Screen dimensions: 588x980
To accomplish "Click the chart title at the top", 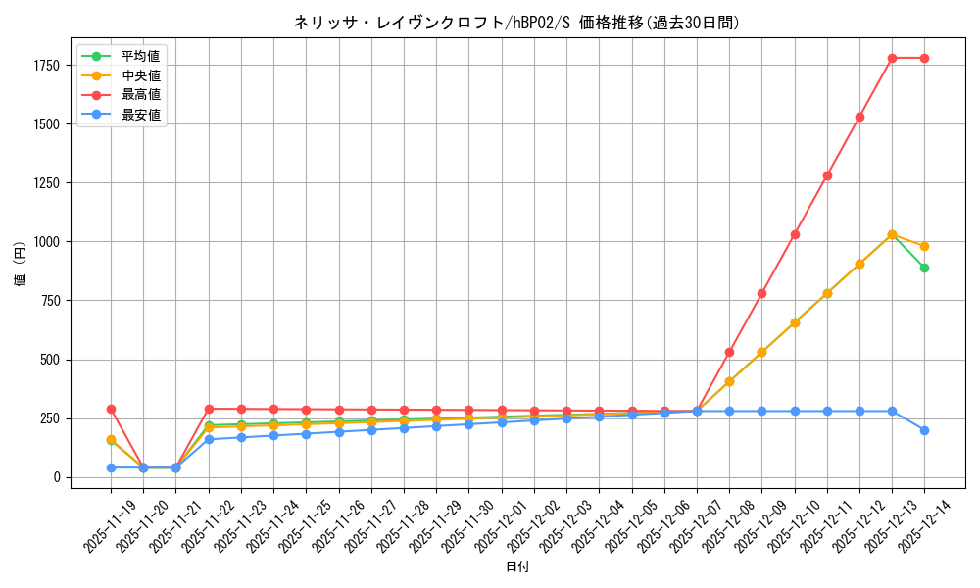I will [516, 23].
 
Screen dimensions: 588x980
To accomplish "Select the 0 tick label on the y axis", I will [57, 477].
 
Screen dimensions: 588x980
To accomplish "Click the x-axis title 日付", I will [517, 567].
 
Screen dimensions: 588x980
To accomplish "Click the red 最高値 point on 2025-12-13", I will [892, 58].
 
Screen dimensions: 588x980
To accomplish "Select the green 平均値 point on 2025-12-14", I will [924, 268].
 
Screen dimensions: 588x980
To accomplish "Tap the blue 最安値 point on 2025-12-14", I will [924, 430].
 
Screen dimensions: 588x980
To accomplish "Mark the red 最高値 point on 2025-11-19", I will [111, 409].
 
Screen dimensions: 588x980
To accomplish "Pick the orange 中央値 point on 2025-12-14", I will [924, 246].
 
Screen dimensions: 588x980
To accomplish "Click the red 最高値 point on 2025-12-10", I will [795, 234].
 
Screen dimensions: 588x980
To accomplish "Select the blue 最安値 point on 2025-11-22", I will [209, 439].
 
